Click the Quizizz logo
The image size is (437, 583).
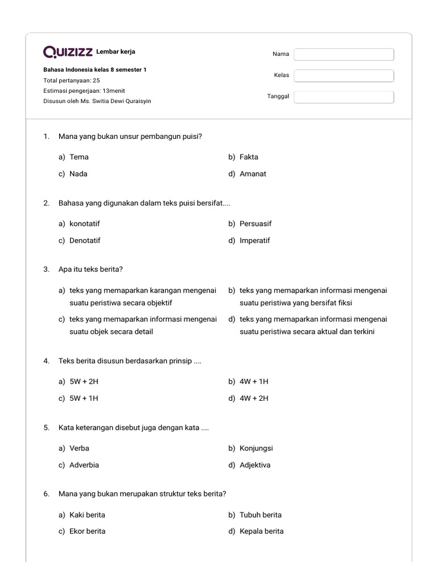click(x=68, y=52)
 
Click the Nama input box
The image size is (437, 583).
click(x=344, y=54)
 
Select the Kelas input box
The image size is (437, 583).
click(x=344, y=76)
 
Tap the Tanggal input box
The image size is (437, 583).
click(x=344, y=97)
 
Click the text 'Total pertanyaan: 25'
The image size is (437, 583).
click(x=71, y=80)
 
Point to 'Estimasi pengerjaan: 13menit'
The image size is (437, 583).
click(x=84, y=91)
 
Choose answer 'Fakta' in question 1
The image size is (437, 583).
click(x=249, y=157)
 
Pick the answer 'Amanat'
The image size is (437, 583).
click(x=253, y=174)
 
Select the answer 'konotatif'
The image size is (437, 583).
click(x=84, y=224)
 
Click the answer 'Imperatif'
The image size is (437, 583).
click(x=255, y=240)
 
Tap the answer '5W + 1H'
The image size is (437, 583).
click(x=84, y=398)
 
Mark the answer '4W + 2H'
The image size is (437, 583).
click(x=254, y=398)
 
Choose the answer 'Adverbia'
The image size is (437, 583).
click(x=84, y=465)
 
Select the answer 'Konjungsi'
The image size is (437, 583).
click(x=258, y=448)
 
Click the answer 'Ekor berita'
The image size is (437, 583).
click(x=87, y=531)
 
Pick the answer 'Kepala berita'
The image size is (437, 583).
click(x=261, y=531)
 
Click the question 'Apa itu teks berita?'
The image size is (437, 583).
click(x=91, y=269)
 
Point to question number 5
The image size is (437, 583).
click(x=47, y=427)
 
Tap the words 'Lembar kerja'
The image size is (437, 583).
click(x=116, y=52)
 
